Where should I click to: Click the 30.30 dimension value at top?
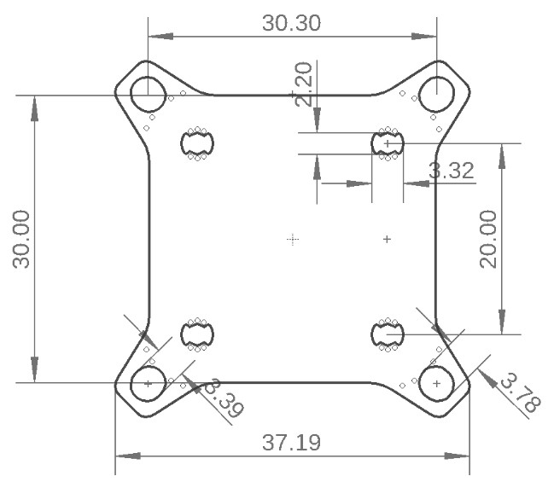[291, 23]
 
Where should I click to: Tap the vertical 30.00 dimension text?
[23, 240]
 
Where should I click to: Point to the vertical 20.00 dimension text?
[488, 240]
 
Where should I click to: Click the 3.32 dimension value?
[451, 171]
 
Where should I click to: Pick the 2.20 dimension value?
[302, 87]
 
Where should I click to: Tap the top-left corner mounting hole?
[148, 90]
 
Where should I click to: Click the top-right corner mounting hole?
[436, 90]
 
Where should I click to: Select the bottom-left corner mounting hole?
[148, 384]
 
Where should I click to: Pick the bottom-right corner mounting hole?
[436, 384]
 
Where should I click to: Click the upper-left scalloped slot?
[197, 144]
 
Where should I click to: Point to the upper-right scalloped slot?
[388, 144]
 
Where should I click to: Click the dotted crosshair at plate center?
[293, 240]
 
